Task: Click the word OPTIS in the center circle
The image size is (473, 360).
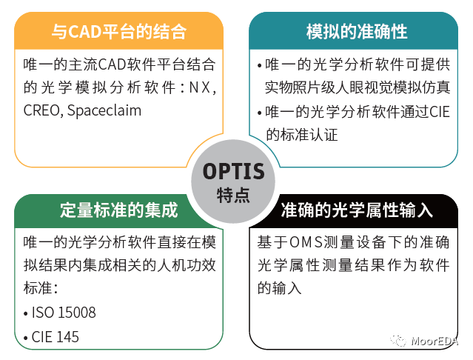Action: pos(233,171)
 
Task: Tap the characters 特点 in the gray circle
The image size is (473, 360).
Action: pos(233,195)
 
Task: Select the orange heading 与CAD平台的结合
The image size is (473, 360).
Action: pos(119,31)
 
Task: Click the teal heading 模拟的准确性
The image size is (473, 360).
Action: pos(357,31)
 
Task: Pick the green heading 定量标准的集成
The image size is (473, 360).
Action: pos(119,210)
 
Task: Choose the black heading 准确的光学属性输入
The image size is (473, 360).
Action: pos(357,210)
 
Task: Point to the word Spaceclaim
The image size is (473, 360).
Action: pos(104,111)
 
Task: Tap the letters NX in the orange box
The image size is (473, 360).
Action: pos(199,88)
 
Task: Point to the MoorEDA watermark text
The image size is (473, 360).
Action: pos(435,341)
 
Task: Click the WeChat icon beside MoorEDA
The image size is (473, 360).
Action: pos(398,341)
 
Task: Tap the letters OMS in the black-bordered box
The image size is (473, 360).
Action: pos(306,242)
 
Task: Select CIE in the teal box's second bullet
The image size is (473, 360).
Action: pos(440,112)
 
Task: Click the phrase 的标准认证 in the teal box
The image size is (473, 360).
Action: pos(301,135)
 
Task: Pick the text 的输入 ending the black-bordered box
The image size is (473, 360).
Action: pos(279,288)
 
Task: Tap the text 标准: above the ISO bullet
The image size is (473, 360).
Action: pos(41,288)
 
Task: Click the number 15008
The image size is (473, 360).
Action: pos(77,313)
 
